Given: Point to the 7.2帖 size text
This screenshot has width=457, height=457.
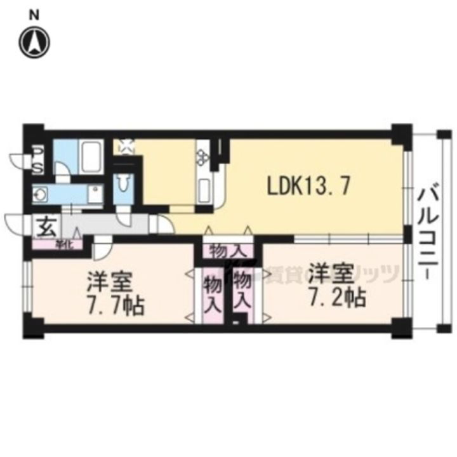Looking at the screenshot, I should pos(336,296).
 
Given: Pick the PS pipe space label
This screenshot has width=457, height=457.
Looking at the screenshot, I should pos(38,161).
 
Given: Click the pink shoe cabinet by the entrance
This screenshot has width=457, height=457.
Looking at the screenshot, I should pos(60,244).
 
